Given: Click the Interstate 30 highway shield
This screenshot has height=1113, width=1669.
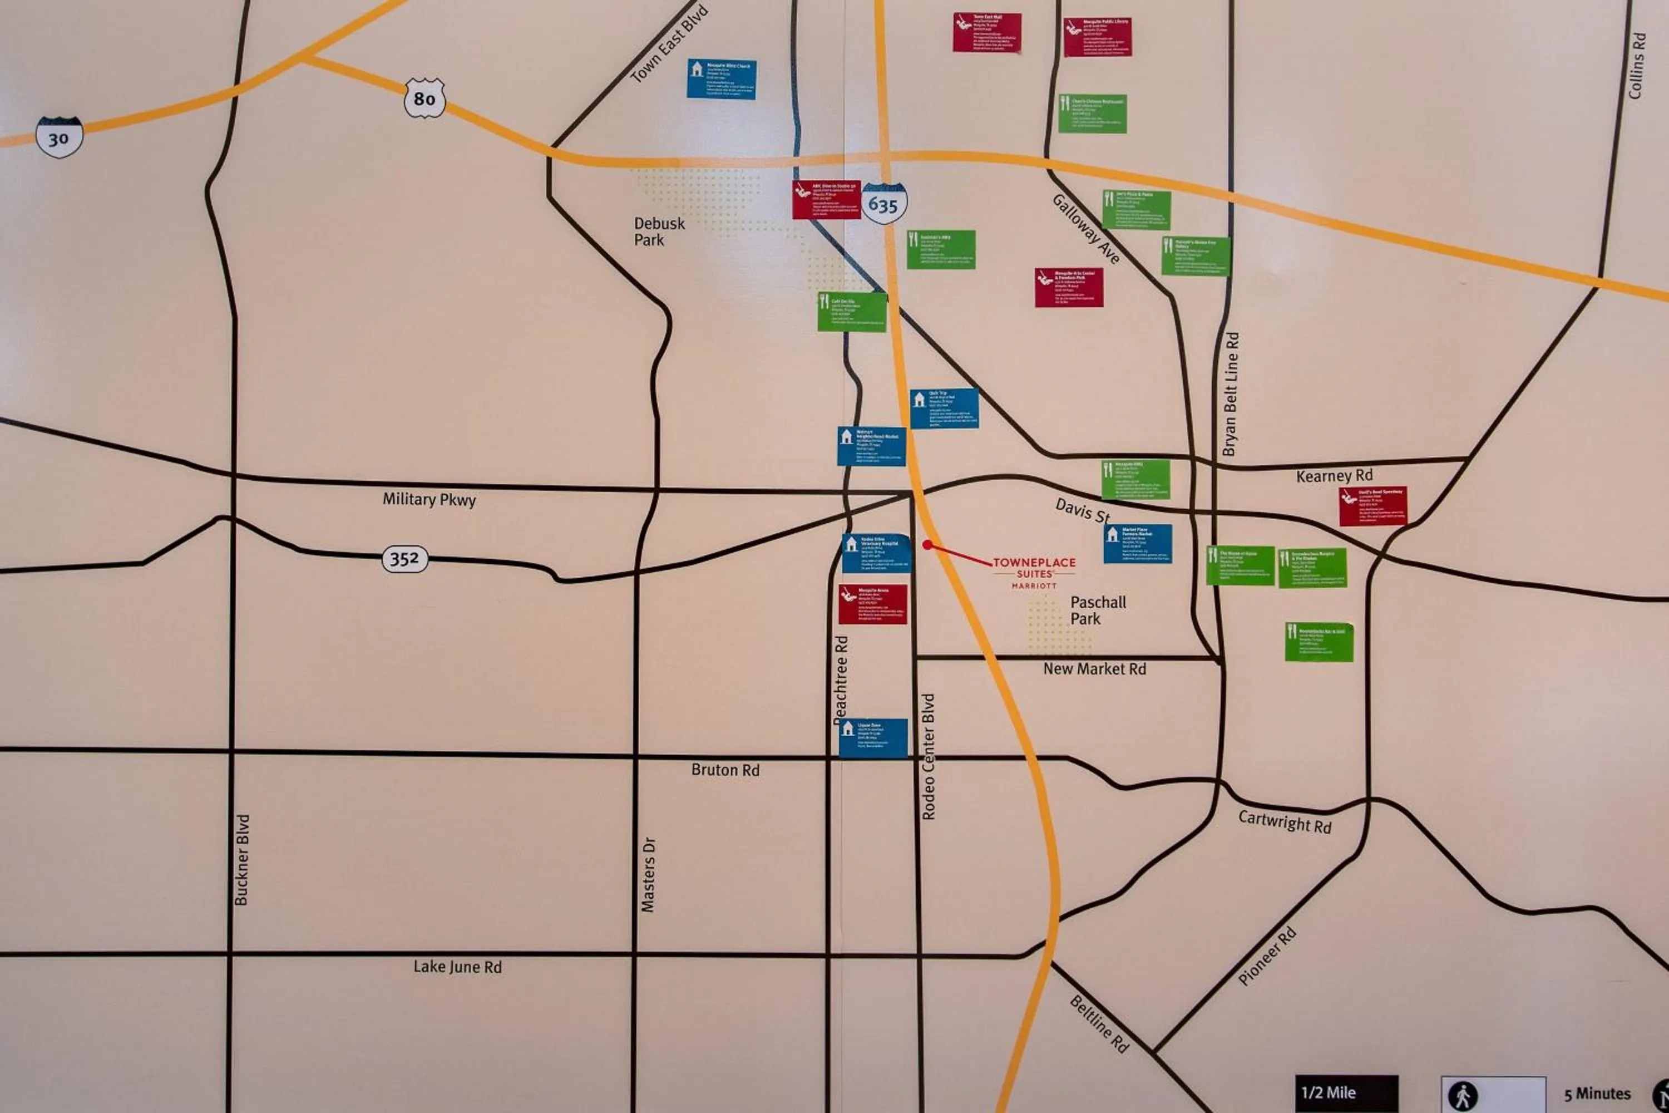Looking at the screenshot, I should (59, 137).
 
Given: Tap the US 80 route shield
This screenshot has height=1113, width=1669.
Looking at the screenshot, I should (424, 98).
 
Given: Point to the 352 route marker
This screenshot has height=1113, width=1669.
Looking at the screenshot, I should (404, 559).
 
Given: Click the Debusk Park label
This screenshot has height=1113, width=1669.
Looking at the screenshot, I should (659, 232).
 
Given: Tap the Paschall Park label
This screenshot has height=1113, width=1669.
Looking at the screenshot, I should (1097, 610).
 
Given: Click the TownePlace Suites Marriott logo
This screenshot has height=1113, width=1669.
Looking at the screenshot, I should (1034, 572).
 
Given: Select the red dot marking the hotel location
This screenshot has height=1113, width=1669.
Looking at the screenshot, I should (927, 544).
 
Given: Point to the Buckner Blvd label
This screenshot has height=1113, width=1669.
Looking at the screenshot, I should (241, 860).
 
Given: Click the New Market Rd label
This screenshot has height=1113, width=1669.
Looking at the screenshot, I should (1094, 669).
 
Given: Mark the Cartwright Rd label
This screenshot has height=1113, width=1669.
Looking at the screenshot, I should (1285, 822).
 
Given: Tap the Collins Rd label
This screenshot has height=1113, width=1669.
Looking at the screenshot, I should (1636, 66).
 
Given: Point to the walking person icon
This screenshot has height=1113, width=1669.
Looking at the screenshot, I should (1463, 1096).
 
